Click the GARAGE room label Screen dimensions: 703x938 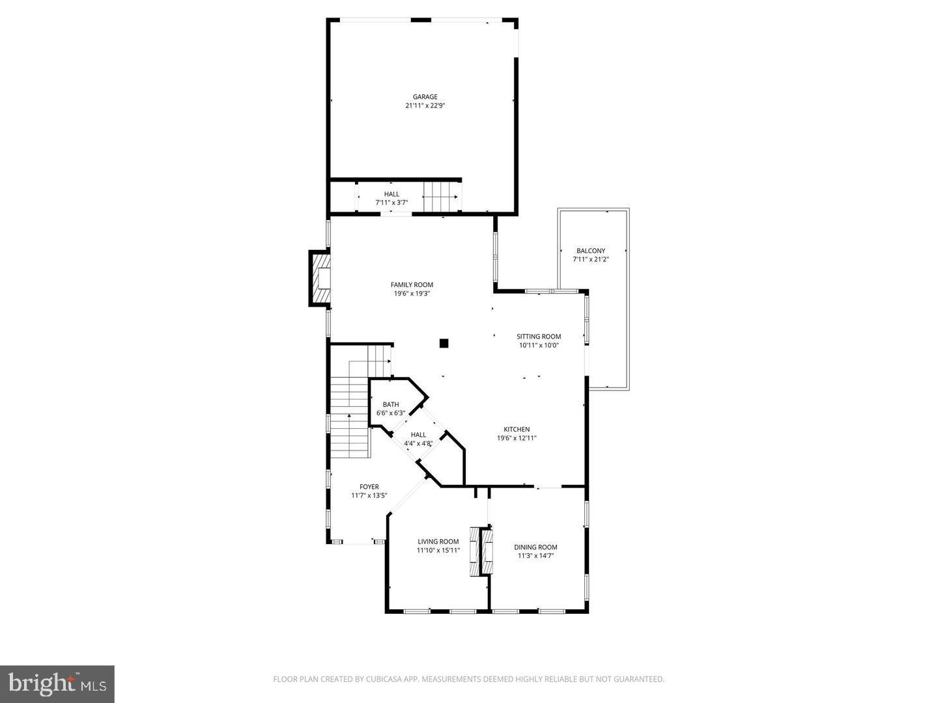[x=425, y=97]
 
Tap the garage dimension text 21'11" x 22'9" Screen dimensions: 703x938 [x=425, y=105]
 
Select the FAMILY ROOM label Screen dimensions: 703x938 [x=412, y=284]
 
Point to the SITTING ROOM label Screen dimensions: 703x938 [x=539, y=337]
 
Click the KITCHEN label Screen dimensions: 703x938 [x=517, y=429]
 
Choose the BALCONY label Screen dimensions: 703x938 [x=591, y=251]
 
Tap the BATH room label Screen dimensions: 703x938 [x=391, y=404]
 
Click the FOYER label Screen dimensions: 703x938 [x=369, y=486]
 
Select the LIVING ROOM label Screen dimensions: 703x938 [x=438, y=542]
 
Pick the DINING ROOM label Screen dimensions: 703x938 [x=535, y=547]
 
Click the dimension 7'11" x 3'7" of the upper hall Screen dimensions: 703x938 [x=391, y=202]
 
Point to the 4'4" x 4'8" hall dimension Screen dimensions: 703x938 [x=419, y=443]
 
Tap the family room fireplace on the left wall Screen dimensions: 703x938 [x=320, y=279]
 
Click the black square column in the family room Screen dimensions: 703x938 [x=444, y=343]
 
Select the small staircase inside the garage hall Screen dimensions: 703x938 [x=442, y=196]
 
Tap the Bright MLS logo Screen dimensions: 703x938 [x=57, y=683]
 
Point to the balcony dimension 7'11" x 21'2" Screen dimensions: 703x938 [x=591, y=259]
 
